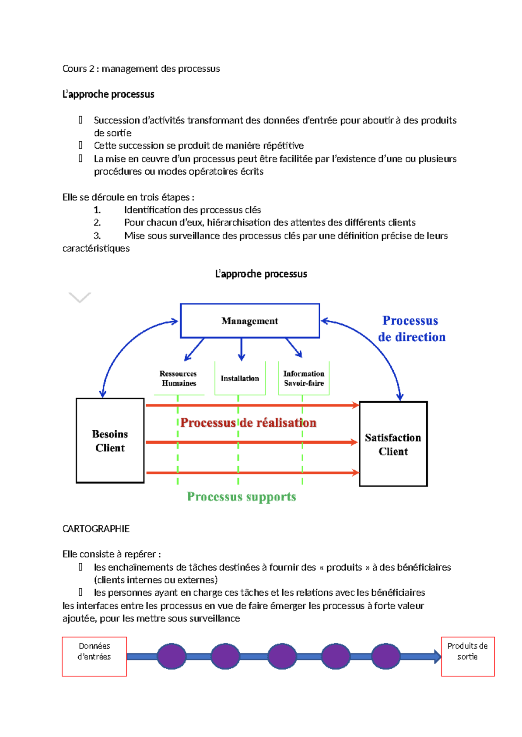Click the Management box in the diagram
point(250,321)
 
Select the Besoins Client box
point(110,440)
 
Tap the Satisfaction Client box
point(393,444)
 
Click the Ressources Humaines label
point(178,378)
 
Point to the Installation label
point(240,378)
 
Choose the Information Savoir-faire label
point(304,378)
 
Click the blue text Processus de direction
point(411,329)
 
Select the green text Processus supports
point(241,496)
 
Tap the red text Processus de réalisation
point(248,422)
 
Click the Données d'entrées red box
point(94,656)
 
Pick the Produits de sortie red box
point(468,656)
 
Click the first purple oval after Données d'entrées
point(171,656)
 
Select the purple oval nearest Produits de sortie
point(386,656)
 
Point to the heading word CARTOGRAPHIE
point(96,528)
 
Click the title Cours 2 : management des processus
point(141,69)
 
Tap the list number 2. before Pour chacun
point(97,222)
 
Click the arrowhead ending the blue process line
point(438,656)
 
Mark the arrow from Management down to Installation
point(241,350)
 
